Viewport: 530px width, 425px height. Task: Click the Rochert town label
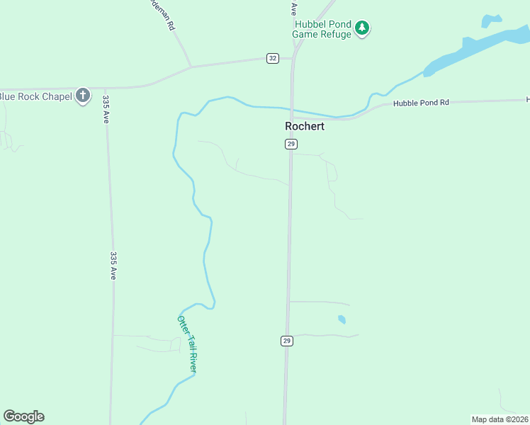[305, 127]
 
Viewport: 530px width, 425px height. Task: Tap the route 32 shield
[273, 58]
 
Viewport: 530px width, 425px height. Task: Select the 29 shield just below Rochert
[291, 144]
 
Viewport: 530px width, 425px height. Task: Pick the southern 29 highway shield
[287, 341]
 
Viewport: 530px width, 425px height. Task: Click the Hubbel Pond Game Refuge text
[323, 29]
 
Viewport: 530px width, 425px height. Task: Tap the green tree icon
[363, 28]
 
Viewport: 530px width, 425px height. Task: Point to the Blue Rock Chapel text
[35, 96]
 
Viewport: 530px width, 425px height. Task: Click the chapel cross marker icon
[83, 95]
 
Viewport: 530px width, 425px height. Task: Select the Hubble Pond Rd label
[422, 103]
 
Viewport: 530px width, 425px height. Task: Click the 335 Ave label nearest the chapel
[106, 109]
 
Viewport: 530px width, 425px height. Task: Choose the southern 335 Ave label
[113, 265]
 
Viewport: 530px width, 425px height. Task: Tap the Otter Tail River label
[187, 344]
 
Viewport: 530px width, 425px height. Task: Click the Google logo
[23, 416]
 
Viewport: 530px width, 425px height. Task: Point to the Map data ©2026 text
[500, 419]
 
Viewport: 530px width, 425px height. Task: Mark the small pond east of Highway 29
[342, 319]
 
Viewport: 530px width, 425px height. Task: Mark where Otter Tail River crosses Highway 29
[291, 110]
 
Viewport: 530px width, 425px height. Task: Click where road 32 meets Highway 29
[292, 58]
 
